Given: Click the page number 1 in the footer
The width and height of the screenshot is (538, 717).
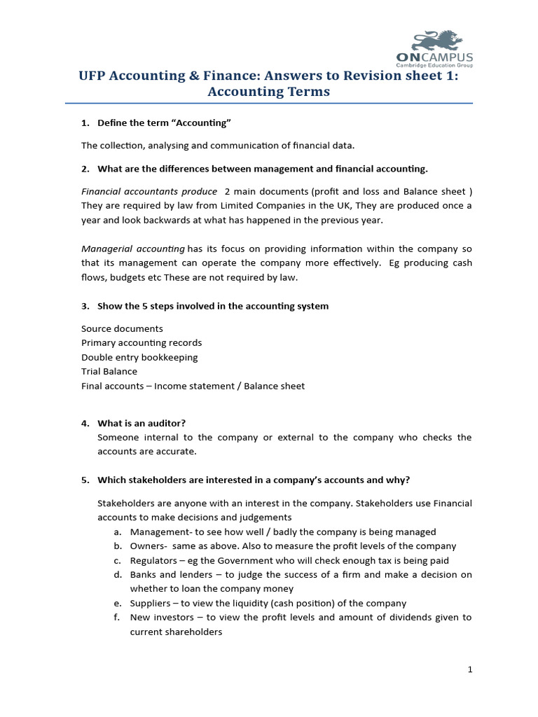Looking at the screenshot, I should (x=470, y=670).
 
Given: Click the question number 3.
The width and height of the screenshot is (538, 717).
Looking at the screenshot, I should (x=85, y=306).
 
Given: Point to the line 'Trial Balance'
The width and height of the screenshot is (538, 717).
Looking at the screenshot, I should (x=109, y=371).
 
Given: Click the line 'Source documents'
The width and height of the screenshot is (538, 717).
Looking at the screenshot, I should (x=122, y=328).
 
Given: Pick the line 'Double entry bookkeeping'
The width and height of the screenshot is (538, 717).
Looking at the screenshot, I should (x=139, y=357).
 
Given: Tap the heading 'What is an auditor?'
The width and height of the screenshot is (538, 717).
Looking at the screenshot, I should (x=142, y=423).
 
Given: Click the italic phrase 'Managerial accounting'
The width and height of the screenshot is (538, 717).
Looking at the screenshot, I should (x=132, y=249).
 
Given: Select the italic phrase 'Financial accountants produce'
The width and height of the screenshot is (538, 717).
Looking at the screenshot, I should (x=149, y=191).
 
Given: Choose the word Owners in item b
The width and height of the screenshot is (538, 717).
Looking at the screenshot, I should (x=147, y=546).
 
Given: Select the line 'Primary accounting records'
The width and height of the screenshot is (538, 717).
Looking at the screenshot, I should (x=142, y=343).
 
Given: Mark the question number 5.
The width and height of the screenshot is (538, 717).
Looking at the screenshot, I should (x=85, y=480).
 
